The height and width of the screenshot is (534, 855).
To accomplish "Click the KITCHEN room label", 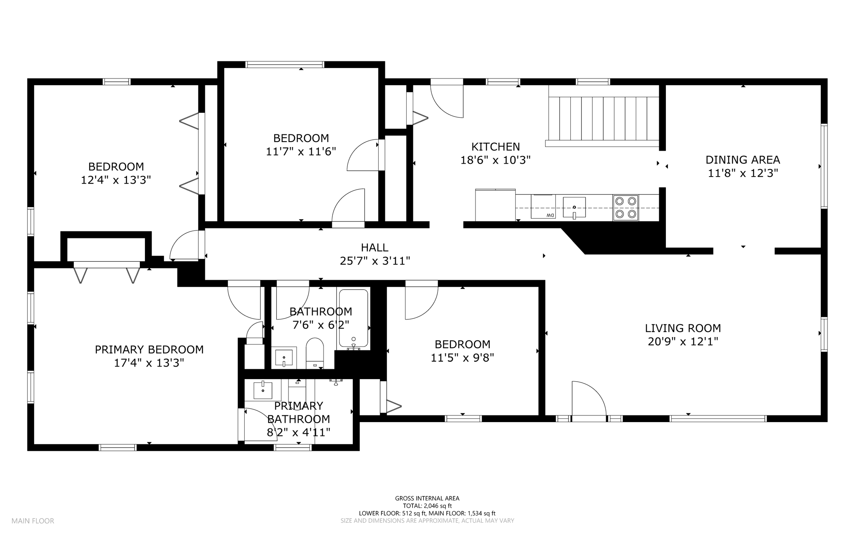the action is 496,147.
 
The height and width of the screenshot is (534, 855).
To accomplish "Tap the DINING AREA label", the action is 743,160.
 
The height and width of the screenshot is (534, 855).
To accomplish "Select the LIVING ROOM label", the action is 683,328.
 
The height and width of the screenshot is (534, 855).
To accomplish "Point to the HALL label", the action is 375,248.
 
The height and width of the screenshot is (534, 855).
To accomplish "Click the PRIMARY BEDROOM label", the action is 149,349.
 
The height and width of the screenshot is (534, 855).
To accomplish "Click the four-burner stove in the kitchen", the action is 625,208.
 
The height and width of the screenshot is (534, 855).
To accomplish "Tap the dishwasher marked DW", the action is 543,206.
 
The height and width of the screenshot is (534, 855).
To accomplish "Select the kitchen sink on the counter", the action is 574,208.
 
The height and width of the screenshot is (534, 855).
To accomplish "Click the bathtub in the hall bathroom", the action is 354,319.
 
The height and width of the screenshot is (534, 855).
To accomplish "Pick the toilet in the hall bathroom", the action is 315,353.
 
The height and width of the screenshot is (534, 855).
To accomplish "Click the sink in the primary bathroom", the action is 263,390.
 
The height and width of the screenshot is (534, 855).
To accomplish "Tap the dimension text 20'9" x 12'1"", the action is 683,342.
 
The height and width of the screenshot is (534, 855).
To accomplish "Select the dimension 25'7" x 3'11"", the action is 375,261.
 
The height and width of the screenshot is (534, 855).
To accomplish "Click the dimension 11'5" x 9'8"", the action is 463,358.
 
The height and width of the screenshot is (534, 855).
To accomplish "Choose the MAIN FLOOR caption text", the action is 33,521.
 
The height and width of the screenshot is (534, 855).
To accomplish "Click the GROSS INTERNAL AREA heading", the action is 427,498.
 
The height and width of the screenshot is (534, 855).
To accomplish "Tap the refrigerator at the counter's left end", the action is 495,205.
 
